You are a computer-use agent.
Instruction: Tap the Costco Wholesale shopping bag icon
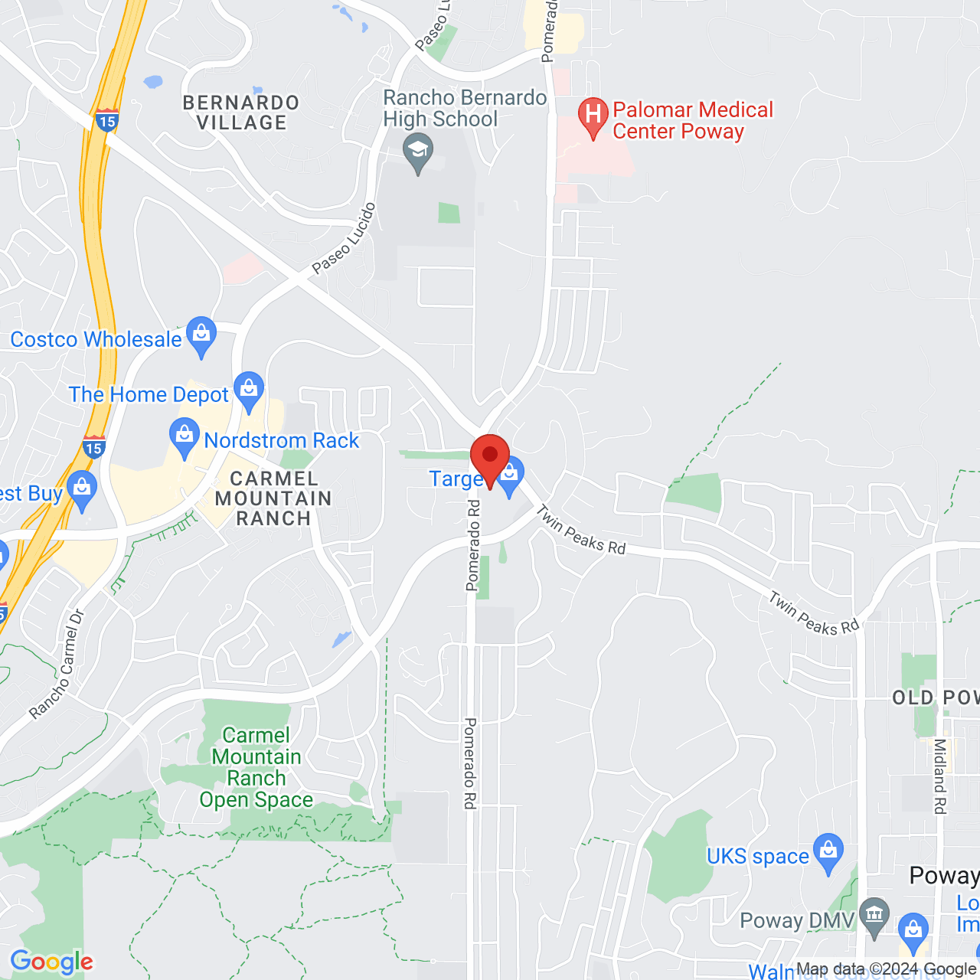tap(201, 335)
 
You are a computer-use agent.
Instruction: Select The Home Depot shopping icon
tap(249, 390)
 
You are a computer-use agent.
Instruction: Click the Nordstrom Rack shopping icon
tap(184, 437)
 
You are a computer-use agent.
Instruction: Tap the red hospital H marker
tap(593, 116)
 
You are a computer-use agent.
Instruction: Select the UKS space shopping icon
tap(828, 852)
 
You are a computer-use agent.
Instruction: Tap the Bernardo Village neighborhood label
tap(241, 113)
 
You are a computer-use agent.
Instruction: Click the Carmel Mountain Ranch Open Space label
tap(256, 767)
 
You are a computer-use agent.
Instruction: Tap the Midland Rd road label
tap(939, 776)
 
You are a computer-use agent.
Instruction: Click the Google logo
tap(52, 962)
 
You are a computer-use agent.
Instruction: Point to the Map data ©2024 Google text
tap(886, 969)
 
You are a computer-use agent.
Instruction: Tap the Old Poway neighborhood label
tap(935, 697)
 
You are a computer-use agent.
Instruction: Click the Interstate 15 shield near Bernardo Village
tap(106, 120)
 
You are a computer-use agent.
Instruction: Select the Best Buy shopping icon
tap(81, 489)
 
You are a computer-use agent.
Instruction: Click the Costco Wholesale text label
tap(96, 339)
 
